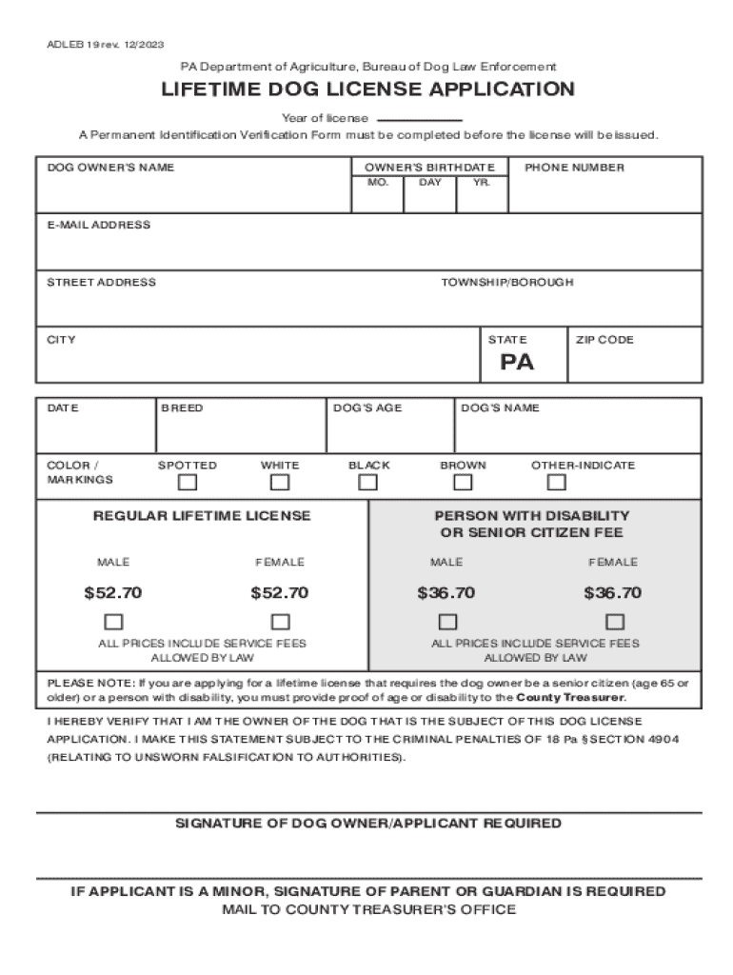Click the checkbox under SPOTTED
point(188,483)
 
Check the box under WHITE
point(280,483)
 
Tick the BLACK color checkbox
point(368,483)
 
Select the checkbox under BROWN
point(463,483)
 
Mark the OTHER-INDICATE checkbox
point(583,483)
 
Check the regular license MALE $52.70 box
point(113,623)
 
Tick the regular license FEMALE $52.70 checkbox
point(280,623)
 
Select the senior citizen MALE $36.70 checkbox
point(446,623)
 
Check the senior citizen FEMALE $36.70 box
point(615,623)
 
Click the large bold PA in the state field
point(518,363)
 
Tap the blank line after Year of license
point(420,119)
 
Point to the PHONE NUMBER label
point(574,168)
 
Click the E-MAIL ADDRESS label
point(99,226)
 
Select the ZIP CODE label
point(604,340)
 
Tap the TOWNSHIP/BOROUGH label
point(506,283)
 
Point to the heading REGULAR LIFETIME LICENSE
point(202,516)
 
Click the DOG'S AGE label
point(367,408)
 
